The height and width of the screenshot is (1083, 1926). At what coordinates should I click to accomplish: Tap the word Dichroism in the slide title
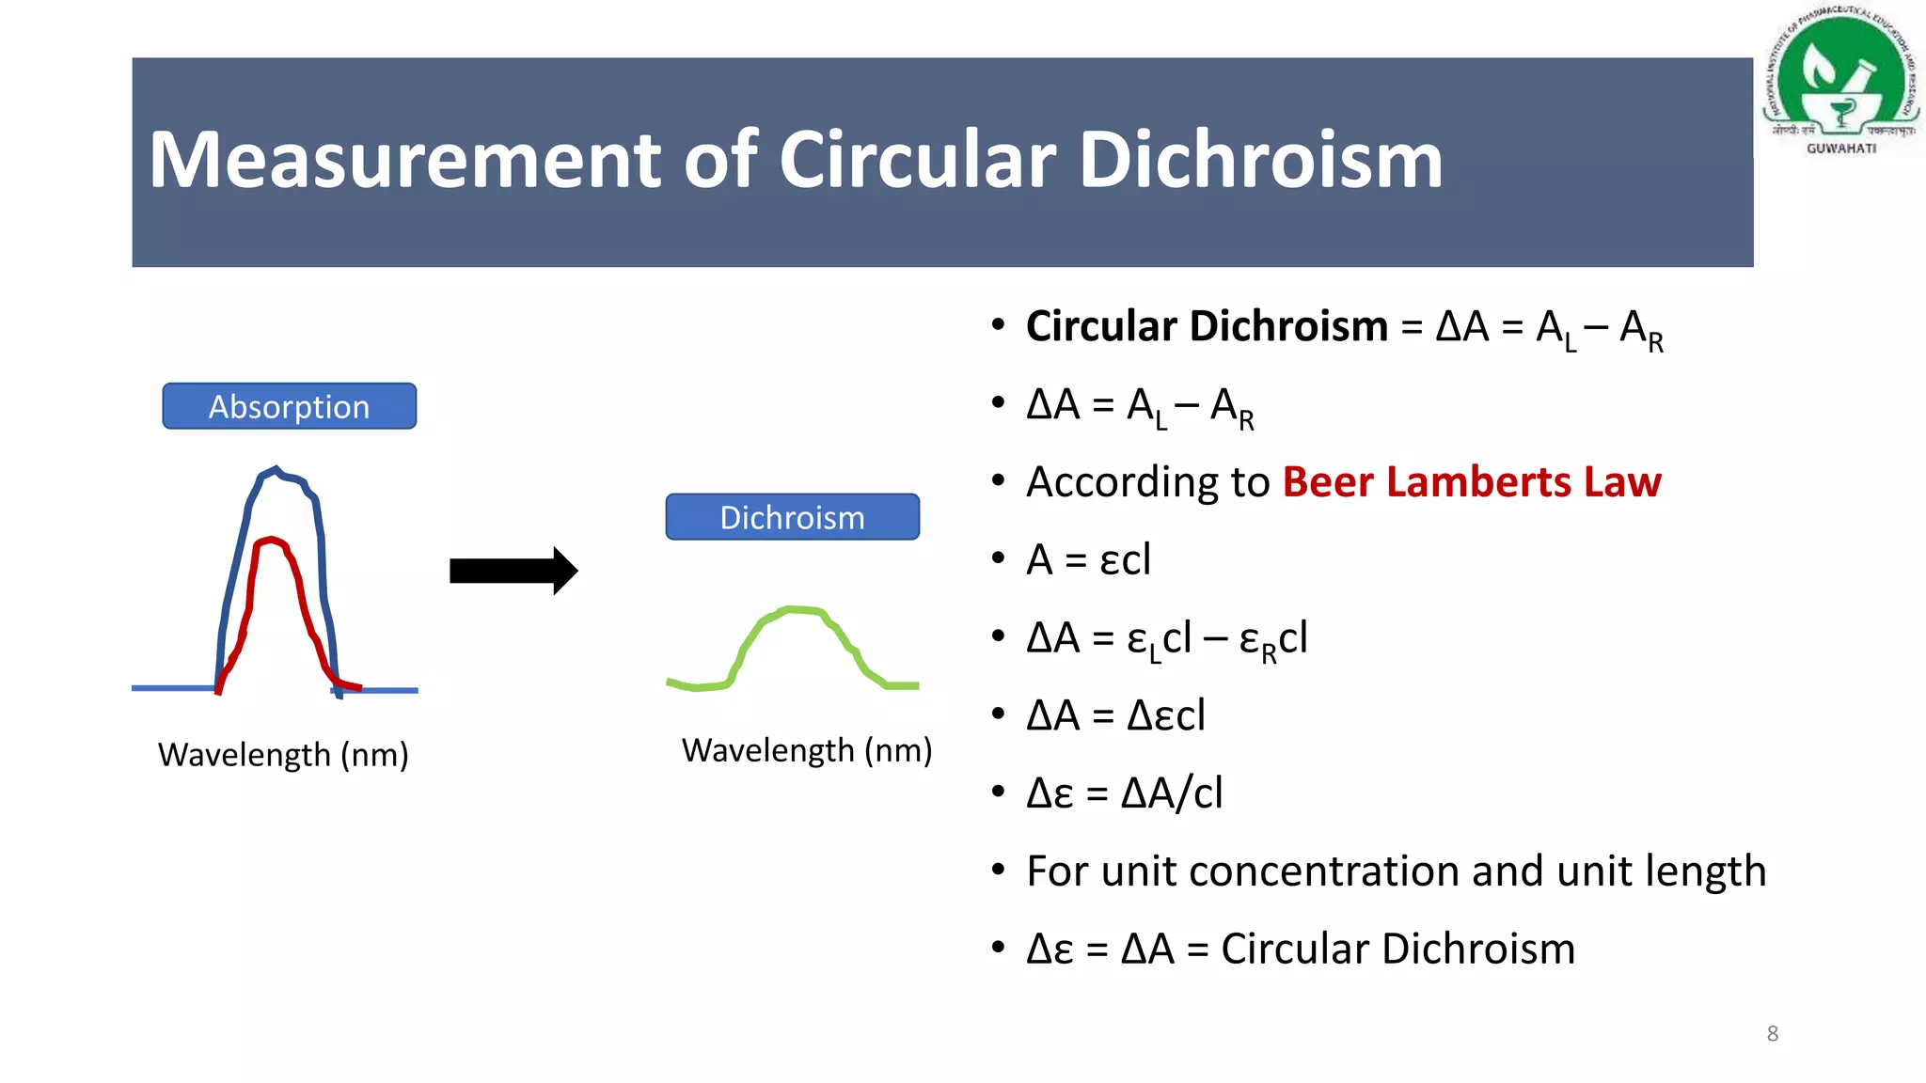(x=1260, y=160)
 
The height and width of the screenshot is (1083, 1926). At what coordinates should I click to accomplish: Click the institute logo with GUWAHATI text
(x=1841, y=80)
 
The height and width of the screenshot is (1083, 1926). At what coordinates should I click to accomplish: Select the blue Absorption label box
(x=289, y=406)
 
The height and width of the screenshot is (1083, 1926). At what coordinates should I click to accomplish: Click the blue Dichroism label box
(x=792, y=517)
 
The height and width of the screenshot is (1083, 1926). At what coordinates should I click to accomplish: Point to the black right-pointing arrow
(x=513, y=571)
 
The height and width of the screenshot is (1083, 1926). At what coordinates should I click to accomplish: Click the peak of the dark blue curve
(x=276, y=468)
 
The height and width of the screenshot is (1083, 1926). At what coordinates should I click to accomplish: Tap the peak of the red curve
(x=272, y=540)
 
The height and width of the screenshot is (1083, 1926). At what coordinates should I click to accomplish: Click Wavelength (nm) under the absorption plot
(x=283, y=755)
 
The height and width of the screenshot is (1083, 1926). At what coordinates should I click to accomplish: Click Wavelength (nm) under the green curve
(x=807, y=750)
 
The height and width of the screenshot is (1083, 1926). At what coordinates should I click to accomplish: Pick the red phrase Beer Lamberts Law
(x=1472, y=482)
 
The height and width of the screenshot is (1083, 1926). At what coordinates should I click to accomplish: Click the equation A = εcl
(x=1088, y=560)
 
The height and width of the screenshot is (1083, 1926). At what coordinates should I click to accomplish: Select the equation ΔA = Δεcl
(x=1115, y=715)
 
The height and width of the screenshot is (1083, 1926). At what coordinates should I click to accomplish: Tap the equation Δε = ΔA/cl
(x=1124, y=793)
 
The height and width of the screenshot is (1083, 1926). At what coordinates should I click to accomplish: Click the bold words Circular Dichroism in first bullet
(x=1207, y=326)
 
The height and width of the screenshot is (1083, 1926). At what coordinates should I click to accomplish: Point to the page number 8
(x=1772, y=1033)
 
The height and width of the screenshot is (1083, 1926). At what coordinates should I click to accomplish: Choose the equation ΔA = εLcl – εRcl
(x=1166, y=638)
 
